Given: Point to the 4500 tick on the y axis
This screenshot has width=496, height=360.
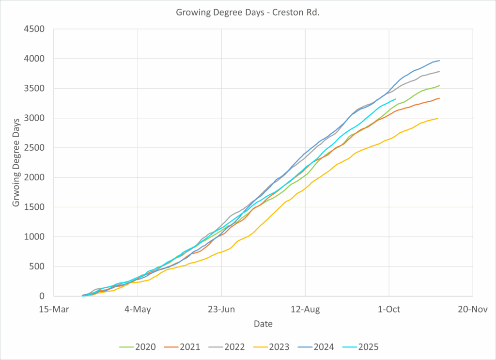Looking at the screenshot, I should [34, 29].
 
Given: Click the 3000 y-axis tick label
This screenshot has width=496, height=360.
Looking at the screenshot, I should [34, 118].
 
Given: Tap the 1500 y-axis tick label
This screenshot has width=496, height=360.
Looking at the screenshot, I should [34, 207].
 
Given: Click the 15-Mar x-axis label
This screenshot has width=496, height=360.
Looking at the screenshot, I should [54, 309].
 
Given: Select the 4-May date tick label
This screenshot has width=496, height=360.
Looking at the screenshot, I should [138, 309].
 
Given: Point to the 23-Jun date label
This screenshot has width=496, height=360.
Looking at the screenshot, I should [221, 309].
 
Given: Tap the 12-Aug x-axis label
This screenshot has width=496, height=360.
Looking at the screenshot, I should [305, 309].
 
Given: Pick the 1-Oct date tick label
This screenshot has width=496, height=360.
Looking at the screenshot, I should [389, 309].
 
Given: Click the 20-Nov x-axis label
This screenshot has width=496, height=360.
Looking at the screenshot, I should [472, 309].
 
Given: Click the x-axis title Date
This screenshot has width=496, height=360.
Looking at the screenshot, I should [263, 324].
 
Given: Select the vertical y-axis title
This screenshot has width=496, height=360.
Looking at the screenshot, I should [16, 162].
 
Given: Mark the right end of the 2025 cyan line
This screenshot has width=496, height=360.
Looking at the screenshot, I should [396, 99].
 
